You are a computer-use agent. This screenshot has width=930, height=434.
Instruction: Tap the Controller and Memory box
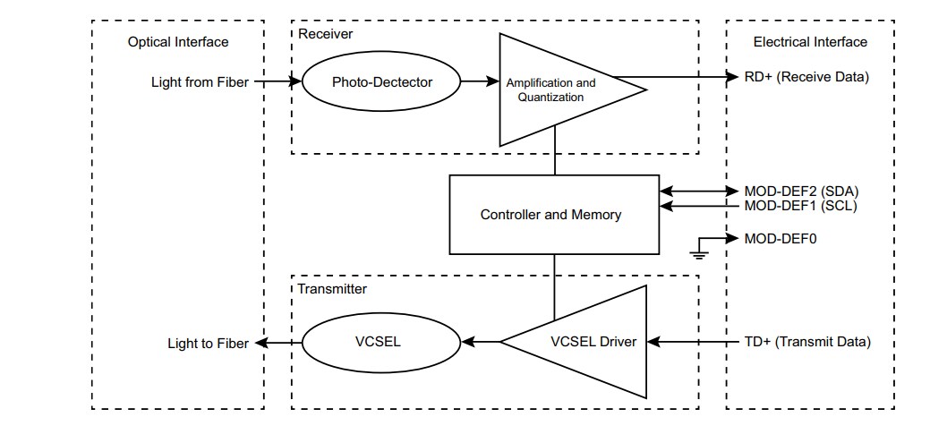pos(550,215)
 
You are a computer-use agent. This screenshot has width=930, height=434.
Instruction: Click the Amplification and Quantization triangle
pos(555,89)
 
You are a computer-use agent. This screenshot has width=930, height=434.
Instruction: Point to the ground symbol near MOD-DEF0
pos(701,251)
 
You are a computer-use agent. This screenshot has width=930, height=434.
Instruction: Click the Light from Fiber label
pos(201,81)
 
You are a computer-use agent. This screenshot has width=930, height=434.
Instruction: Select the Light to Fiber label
pos(208,343)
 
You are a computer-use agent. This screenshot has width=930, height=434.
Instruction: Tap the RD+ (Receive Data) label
pos(806,77)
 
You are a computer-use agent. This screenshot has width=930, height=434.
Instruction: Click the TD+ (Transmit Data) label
pos(806,342)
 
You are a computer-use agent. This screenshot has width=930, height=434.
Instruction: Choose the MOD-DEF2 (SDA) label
pos(801,191)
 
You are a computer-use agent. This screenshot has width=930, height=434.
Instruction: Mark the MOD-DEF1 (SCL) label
pos(801,206)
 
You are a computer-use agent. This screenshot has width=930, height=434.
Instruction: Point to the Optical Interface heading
pos(178,42)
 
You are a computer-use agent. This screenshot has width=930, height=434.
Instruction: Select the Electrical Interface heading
pos(810,42)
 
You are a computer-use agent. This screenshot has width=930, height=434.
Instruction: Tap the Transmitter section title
pos(332,288)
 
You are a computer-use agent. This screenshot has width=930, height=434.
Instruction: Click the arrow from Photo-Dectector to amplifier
pos(479,81)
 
